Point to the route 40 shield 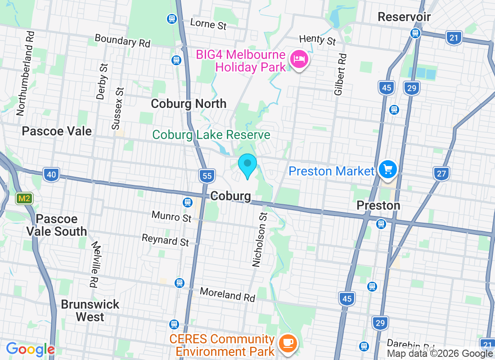[x=52, y=175]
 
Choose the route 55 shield [x=207, y=176]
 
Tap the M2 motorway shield [x=24, y=198]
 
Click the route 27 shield [x=442, y=173]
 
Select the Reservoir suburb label [x=404, y=17]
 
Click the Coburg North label [x=189, y=103]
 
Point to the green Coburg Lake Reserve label [x=211, y=135]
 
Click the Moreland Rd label [x=227, y=295]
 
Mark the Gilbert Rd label [x=341, y=74]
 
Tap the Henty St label [x=318, y=39]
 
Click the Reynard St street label [x=165, y=240]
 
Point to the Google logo [x=30, y=349]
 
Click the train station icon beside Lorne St [x=171, y=19]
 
